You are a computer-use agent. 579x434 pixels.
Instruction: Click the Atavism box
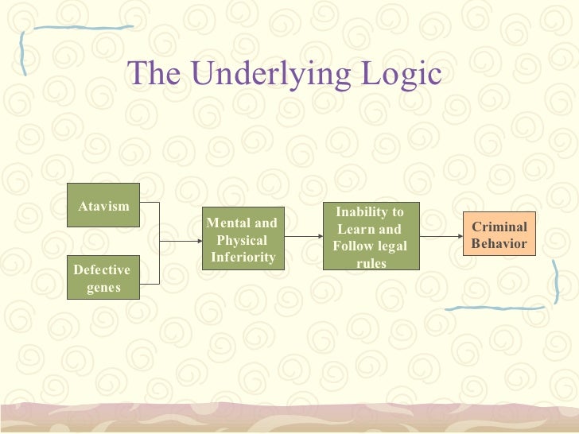103,205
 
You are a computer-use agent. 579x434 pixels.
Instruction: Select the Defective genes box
103,277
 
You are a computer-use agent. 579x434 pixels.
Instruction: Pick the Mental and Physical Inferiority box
242,239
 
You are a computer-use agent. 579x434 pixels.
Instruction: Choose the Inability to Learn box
370,236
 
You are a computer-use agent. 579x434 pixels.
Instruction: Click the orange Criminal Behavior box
499,234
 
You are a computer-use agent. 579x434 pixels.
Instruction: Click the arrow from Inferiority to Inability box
304,237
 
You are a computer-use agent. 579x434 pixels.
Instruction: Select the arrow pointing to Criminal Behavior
441,237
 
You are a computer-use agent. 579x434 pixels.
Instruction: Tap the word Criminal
499,227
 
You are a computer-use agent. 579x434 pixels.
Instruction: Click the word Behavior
499,244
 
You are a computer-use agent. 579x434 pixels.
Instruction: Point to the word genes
103,287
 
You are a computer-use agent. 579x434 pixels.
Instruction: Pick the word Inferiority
243,257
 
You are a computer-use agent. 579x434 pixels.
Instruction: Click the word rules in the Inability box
370,262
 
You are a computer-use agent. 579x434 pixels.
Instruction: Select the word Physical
242,240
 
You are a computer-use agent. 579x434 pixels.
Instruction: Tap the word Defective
102,270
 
